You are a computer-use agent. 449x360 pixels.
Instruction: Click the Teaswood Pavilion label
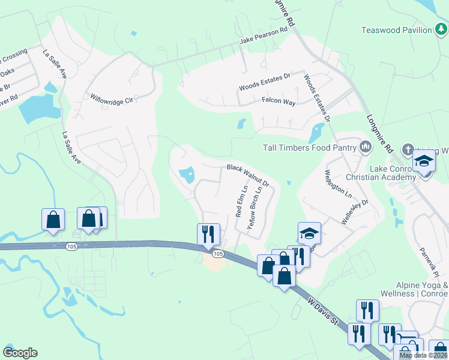tap(397, 30)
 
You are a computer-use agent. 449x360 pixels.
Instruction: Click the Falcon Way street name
tap(278, 103)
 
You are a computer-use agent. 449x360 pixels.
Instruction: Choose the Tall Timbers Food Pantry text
tap(310, 147)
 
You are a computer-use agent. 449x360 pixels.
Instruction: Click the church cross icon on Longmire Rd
tap(408, 149)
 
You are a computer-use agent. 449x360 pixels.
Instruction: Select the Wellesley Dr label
tap(354, 212)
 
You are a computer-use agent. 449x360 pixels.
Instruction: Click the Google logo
tap(20, 353)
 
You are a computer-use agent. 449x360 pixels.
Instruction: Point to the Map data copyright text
tap(423, 355)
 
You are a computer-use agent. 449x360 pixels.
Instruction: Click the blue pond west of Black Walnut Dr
tap(187, 175)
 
